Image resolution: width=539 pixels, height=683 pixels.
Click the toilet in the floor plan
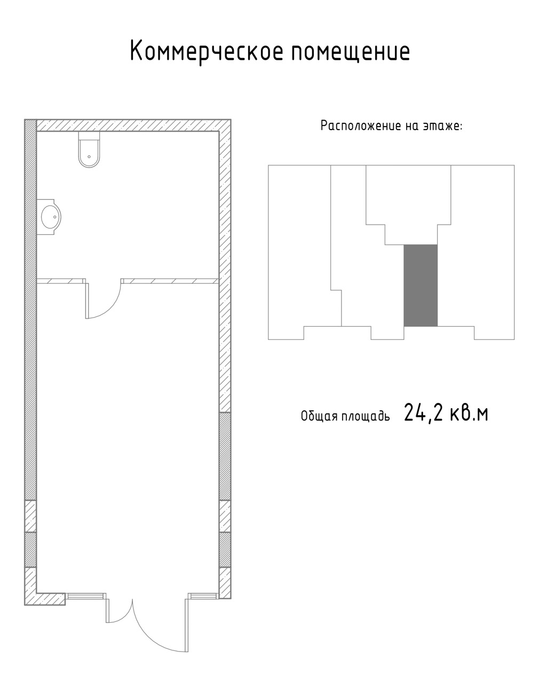click(89, 149)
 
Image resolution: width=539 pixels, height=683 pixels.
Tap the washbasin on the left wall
click(49, 217)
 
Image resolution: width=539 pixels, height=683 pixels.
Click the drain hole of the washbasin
click(55, 217)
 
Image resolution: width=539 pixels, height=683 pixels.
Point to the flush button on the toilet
click(89, 156)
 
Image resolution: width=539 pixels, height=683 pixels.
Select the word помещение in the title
click(351, 52)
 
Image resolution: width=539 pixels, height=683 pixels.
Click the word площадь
click(366, 416)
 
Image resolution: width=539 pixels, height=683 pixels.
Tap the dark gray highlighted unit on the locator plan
click(421, 285)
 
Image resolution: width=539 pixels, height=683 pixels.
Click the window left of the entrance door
click(86, 596)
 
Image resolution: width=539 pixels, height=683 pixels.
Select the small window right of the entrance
click(203, 595)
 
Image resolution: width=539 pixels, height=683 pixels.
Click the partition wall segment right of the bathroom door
click(170, 281)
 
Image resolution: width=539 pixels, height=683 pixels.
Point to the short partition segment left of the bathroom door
click(61, 281)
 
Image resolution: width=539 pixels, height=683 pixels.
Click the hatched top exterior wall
click(133, 125)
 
